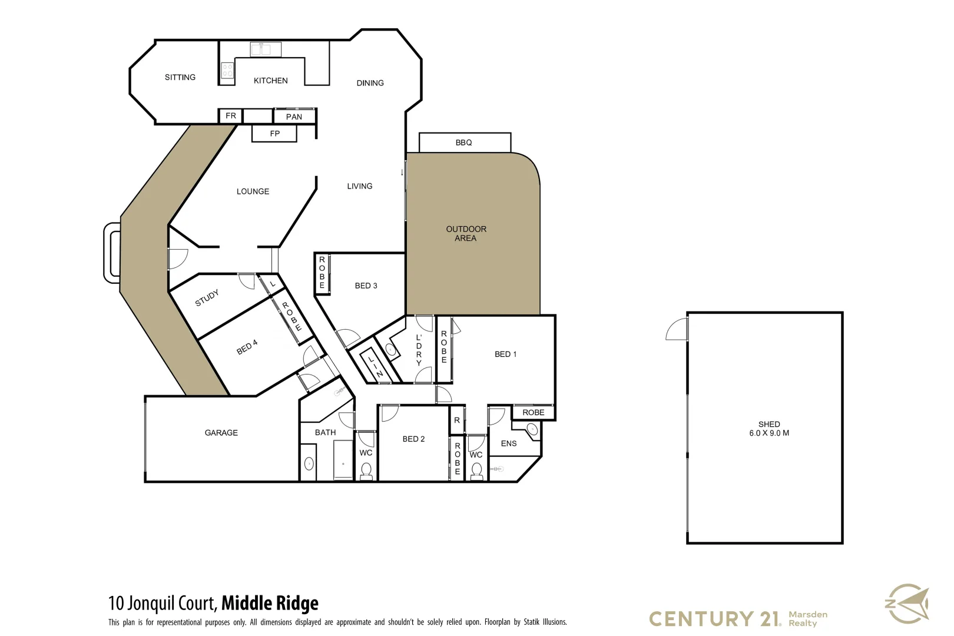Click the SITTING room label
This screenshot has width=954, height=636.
[180, 77]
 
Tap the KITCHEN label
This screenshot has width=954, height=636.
[270, 81]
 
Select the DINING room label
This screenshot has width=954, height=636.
[370, 83]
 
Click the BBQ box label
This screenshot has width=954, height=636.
[463, 143]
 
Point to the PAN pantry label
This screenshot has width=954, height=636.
[294, 117]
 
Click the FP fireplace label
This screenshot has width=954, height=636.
[274, 134]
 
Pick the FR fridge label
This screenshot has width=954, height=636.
[231, 116]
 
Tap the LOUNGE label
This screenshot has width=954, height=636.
[253, 191]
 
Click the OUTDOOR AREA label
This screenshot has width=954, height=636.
[466, 233]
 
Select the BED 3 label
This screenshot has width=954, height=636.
[366, 286]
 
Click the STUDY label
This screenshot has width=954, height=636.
[207, 298]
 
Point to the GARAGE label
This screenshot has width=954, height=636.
[221, 433]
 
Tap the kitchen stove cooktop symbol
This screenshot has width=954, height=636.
[227, 71]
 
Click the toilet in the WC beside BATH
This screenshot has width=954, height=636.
[366, 471]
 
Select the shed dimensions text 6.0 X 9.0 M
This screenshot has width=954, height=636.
[769, 433]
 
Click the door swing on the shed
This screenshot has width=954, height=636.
[677, 329]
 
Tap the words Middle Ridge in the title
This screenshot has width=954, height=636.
[270, 603]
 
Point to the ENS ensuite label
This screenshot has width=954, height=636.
[508, 443]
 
